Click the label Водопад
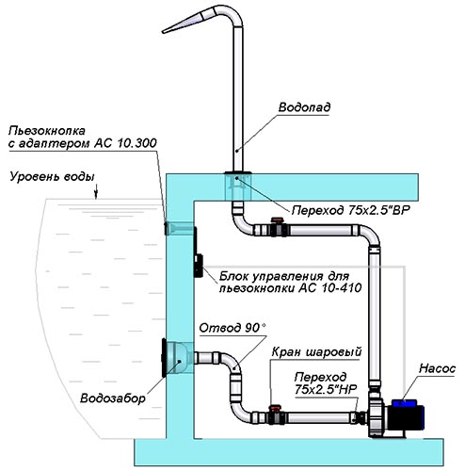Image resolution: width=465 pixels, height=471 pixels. [x=304, y=107]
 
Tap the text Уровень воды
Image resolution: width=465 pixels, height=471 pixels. [x=52, y=177]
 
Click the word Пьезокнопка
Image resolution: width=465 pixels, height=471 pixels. [x=47, y=131]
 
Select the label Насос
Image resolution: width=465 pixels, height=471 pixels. [x=437, y=368]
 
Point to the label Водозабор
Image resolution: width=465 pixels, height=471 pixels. [x=113, y=398]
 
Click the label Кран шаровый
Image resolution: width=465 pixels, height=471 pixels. [x=316, y=351]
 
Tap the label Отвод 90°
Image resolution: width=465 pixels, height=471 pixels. [x=232, y=328]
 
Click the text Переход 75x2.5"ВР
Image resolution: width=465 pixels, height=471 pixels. [x=351, y=210]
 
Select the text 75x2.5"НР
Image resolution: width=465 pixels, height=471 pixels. [x=326, y=390]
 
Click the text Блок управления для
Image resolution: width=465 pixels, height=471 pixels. [x=284, y=276]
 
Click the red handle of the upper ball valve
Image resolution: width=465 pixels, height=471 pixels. [x=277, y=220]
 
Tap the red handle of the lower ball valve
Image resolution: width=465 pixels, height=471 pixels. [x=275, y=408]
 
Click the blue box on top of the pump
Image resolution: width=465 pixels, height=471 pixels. [x=404, y=402]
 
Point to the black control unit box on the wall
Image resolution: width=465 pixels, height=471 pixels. [x=199, y=266]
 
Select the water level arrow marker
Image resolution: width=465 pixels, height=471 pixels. [x=96, y=191]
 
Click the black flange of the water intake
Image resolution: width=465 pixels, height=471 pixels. [x=164, y=358]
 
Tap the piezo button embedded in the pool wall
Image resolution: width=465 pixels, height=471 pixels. [x=167, y=228]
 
